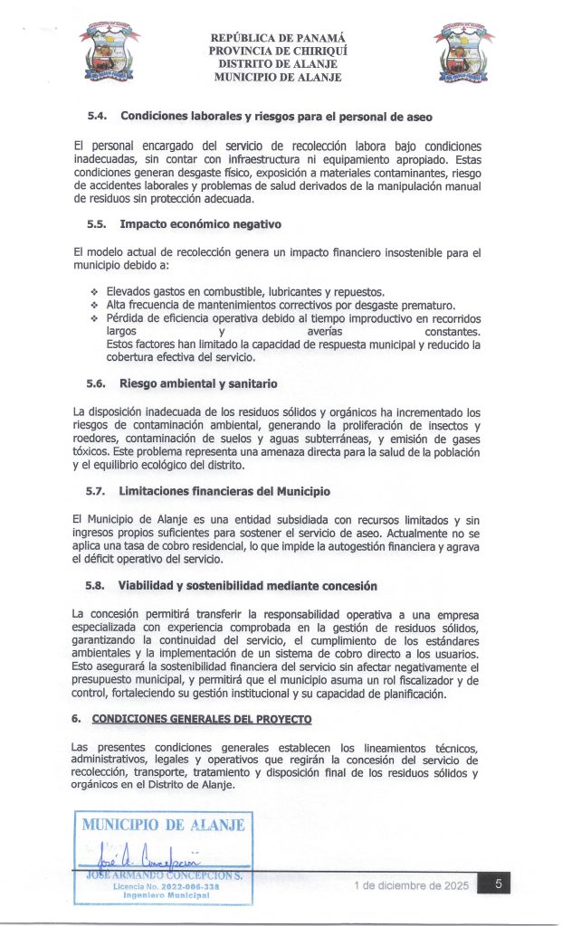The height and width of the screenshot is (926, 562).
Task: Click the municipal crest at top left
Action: pyautogui.click(x=110, y=54)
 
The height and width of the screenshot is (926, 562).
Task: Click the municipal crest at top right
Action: pyautogui.click(x=463, y=54)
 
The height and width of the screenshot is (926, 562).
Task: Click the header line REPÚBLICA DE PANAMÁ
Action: pyautogui.click(x=278, y=39)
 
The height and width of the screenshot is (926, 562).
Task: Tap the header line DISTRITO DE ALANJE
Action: pyautogui.click(x=278, y=64)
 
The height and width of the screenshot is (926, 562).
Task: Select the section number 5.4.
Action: pyautogui.click(x=98, y=117)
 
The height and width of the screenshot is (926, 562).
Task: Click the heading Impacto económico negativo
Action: pyautogui.click(x=200, y=224)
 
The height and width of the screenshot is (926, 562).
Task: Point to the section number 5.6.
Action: pyautogui.click(x=98, y=383)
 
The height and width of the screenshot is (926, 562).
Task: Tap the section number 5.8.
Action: pyautogui.click(x=98, y=585)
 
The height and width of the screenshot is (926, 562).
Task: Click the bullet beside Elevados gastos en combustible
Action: pyautogui.click(x=93, y=292)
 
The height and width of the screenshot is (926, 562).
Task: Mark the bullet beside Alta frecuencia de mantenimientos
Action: pyautogui.click(x=93, y=306)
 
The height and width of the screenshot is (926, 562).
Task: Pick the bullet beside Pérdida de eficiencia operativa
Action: pyautogui.click(x=93, y=319)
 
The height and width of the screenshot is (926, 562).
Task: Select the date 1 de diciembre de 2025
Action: pyautogui.click(x=412, y=886)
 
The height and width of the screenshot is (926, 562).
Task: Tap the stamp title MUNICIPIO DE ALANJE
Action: pyautogui.click(x=163, y=825)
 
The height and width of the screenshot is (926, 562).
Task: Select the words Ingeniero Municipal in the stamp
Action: pyautogui.click(x=164, y=896)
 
